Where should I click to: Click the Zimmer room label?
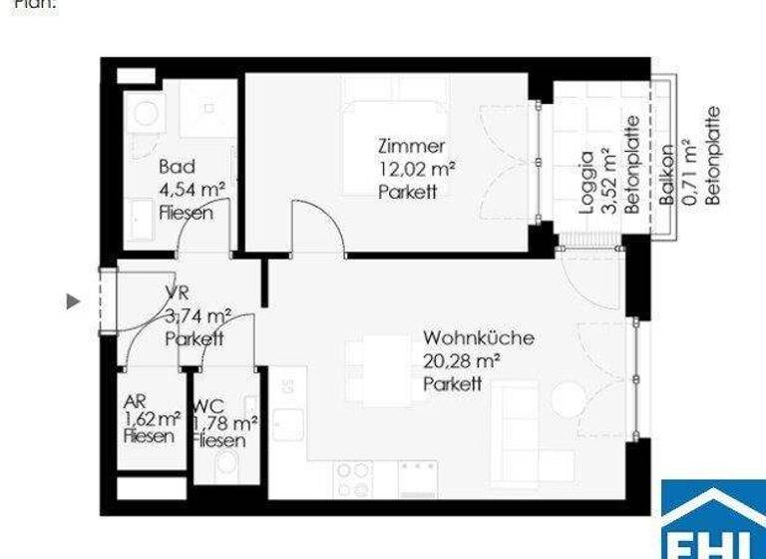[x=411, y=147]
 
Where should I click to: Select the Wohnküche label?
[x=478, y=337]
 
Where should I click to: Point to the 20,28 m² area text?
[x=461, y=360]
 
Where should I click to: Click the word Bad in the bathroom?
[x=177, y=167]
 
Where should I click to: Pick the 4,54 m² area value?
[x=191, y=189]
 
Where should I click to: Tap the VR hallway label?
[x=177, y=292]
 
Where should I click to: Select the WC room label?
[x=208, y=406]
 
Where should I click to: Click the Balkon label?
[x=666, y=174]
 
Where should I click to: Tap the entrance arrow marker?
[x=73, y=299]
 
